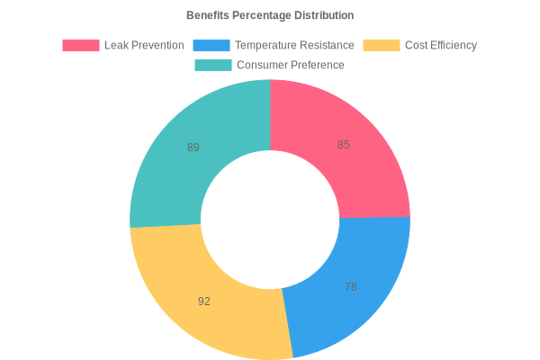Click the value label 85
coord(344,145)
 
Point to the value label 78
coord(351,287)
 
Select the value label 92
coord(204,301)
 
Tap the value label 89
coord(193,148)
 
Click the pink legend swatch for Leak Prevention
coord(80,45)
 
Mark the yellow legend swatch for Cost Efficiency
coord(382,45)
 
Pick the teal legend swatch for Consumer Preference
coord(213,65)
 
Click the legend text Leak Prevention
coord(144,45)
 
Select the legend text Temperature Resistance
coord(295,45)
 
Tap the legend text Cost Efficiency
coord(441,45)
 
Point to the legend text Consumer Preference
coord(290,65)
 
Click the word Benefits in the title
coord(208,15)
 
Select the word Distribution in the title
coord(325,15)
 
